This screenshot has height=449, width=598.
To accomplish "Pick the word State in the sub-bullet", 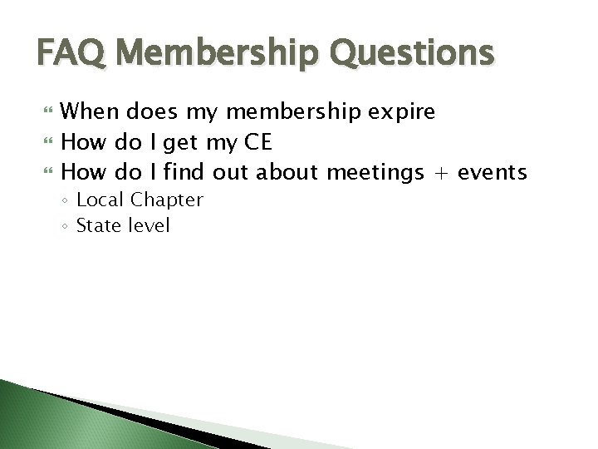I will [97, 224].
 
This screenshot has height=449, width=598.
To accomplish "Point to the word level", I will [147, 224].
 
